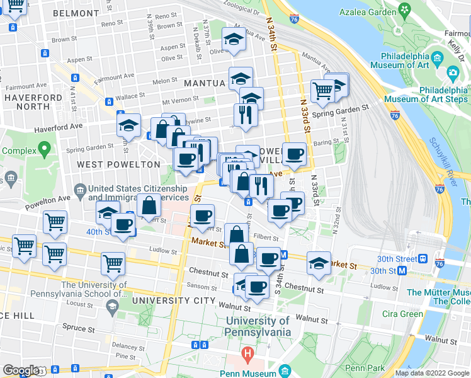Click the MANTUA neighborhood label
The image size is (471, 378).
204,83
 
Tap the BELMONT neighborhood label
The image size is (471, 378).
76,13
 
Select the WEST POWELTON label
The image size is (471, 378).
118,164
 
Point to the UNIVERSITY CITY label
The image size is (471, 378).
178,301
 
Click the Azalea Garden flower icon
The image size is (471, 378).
404,11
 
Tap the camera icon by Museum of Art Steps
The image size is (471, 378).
453,73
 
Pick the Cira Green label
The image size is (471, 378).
402,314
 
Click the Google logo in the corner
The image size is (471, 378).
21,370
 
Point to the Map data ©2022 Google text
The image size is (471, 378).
432,373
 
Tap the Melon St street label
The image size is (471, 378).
165,81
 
